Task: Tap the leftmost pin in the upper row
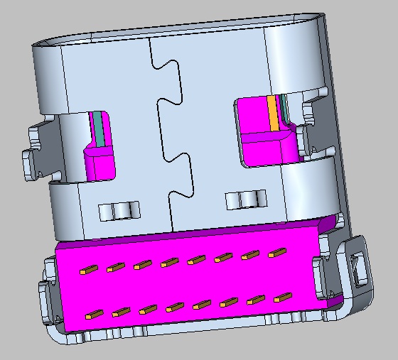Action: coord(89,270)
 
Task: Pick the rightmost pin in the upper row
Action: coord(277,252)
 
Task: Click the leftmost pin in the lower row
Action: coord(90,314)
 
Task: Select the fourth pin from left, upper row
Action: coord(169,263)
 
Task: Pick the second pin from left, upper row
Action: coord(115,268)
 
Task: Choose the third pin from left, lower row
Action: coord(147,310)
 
